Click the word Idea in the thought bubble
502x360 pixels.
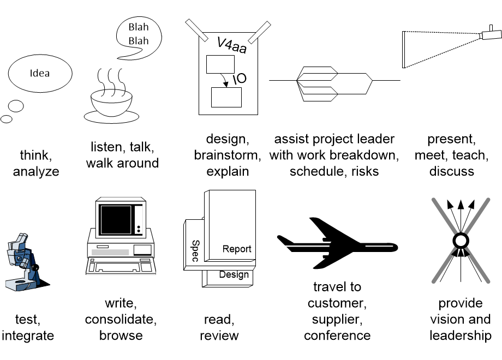pyautogui.click(x=40, y=73)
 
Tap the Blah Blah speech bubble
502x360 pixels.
pyautogui.click(x=139, y=34)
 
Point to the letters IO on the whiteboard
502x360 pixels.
pyautogui.click(x=239, y=79)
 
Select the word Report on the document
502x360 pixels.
pyautogui.click(x=237, y=249)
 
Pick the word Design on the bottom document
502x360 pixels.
pyautogui.click(x=234, y=274)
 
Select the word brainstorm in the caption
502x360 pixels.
pyautogui.click(x=227, y=155)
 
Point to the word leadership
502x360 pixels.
pyautogui.click(x=460, y=335)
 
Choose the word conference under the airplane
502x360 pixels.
pyautogui.click(x=337, y=335)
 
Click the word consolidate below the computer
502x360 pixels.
pyautogui.click(x=121, y=319)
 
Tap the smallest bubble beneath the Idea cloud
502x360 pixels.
pyautogui.click(x=7, y=119)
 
